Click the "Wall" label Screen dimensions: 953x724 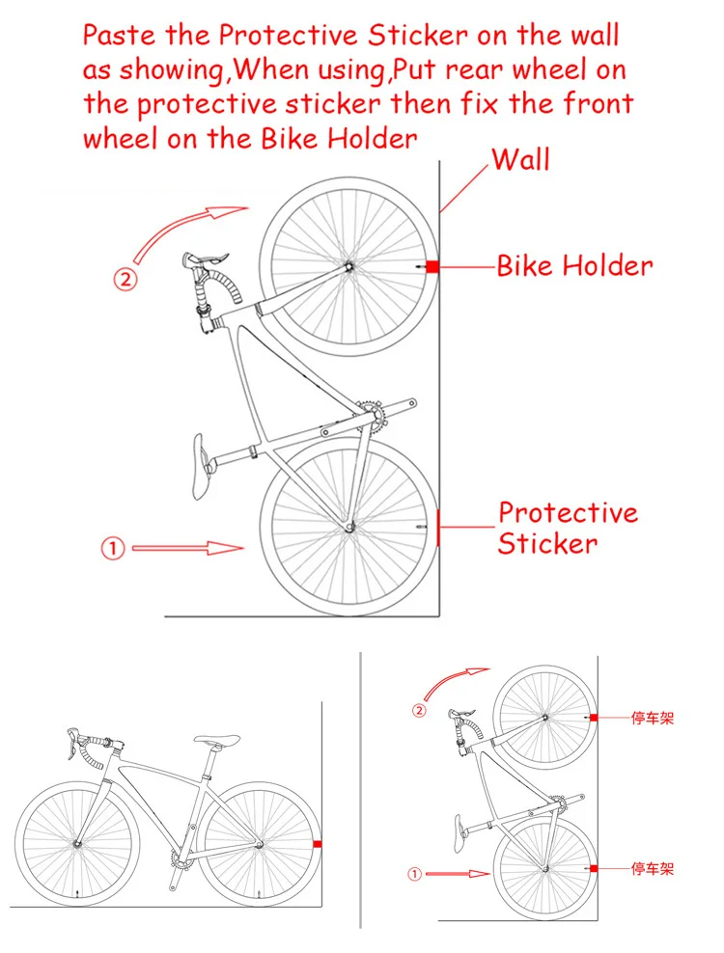(x=520, y=159)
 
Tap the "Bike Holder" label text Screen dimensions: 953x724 (x=574, y=266)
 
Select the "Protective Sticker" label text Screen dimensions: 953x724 (x=568, y=528)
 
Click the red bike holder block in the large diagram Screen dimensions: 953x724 (x=432, y=266)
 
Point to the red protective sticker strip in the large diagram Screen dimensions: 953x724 (x=440, y=527)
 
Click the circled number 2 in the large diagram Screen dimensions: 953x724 (x=126, y=280)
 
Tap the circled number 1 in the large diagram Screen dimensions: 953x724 (x=113, y=549)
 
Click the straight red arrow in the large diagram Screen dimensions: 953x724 (x=188, y=549)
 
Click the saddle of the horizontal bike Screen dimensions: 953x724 (x=217, y=741)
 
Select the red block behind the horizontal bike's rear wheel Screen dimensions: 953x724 (x=317, y=844)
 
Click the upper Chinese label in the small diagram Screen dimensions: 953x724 (x=652, y=719)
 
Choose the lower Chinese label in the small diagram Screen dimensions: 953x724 (x=652, y=869)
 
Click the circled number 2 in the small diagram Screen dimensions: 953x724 (x=419, y=711)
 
